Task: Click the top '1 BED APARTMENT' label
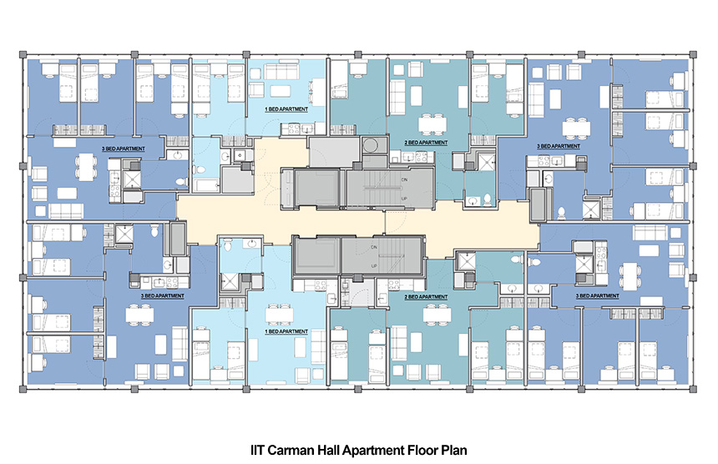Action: click(287, 109)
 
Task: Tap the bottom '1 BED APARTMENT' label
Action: click(287, 331)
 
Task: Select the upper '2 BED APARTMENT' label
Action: click(426, 144)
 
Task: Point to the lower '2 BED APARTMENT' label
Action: click(426, 296)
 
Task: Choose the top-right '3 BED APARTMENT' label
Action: click(556, 146)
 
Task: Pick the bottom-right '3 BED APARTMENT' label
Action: click(598, 295)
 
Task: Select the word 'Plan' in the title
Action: click(446, 448)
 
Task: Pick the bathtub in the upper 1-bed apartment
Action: click(205, 180)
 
